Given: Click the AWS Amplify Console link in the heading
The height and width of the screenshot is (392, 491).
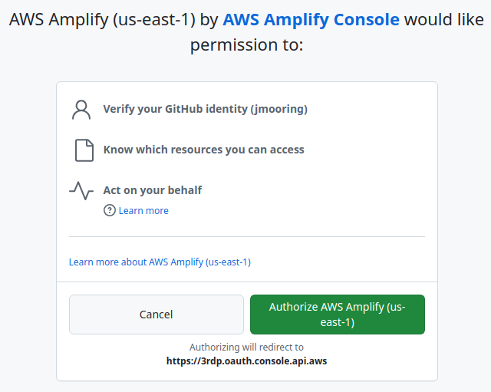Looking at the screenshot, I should point(311,20).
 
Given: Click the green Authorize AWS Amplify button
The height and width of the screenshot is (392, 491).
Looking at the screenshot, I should point(338,315).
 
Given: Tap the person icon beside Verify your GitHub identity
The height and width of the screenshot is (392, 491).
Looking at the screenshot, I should point(81,110).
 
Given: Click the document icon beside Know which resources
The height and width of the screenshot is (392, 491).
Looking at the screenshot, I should point(84,150).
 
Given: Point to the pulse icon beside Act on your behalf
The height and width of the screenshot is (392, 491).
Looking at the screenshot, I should point(81,190).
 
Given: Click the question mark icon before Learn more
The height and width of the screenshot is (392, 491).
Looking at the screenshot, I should point(110,210).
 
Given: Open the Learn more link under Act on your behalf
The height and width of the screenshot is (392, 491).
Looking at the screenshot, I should point(143,210).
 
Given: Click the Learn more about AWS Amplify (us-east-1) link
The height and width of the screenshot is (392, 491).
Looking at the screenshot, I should point(160,262).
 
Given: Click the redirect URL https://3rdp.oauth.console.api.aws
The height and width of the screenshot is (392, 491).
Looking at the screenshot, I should point(246,360).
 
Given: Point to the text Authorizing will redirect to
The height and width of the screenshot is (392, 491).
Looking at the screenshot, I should point(246,347).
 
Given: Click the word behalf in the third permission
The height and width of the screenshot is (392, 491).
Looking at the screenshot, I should point(184,189).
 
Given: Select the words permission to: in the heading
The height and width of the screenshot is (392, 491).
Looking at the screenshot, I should point(246,45).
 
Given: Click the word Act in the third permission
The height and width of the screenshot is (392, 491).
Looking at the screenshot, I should point(113,189).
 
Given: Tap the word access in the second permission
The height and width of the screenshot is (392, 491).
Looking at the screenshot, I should point(286,150).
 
